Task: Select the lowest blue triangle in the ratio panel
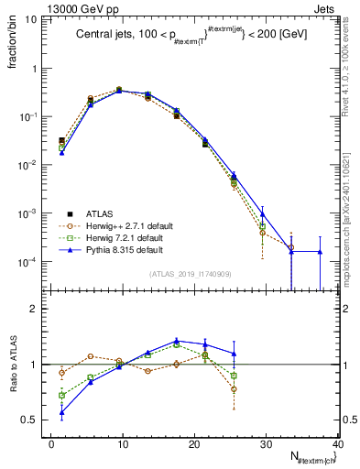61,412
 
